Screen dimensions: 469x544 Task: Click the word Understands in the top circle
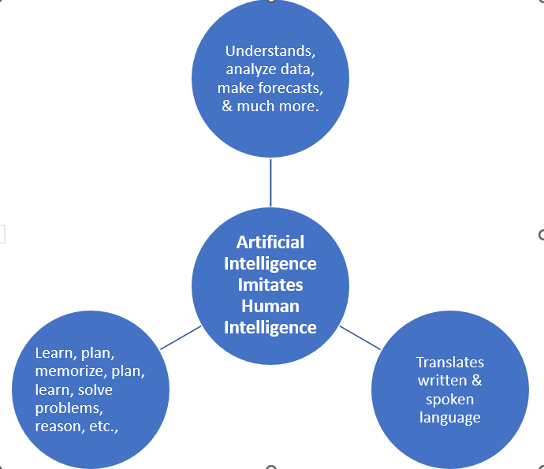pyautogui.click(x=270, y=51)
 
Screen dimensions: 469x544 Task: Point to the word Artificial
pyautogui.click(x=270, y=242)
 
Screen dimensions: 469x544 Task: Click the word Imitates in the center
pyautogui.click(x=270, y=285)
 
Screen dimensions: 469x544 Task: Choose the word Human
pyautogui.click(x=270, y=306)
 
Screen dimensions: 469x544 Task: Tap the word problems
pyautogui.click(x=69, y=408)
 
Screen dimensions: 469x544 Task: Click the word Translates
pyautogui.click(x=450, y=363)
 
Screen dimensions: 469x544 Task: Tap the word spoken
pyautogui.click(x=450, y=400)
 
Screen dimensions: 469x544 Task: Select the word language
pyautogui.click(x=450, y=418)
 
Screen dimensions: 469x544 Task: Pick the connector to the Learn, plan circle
pyautogui.click(x=181, y=337)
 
